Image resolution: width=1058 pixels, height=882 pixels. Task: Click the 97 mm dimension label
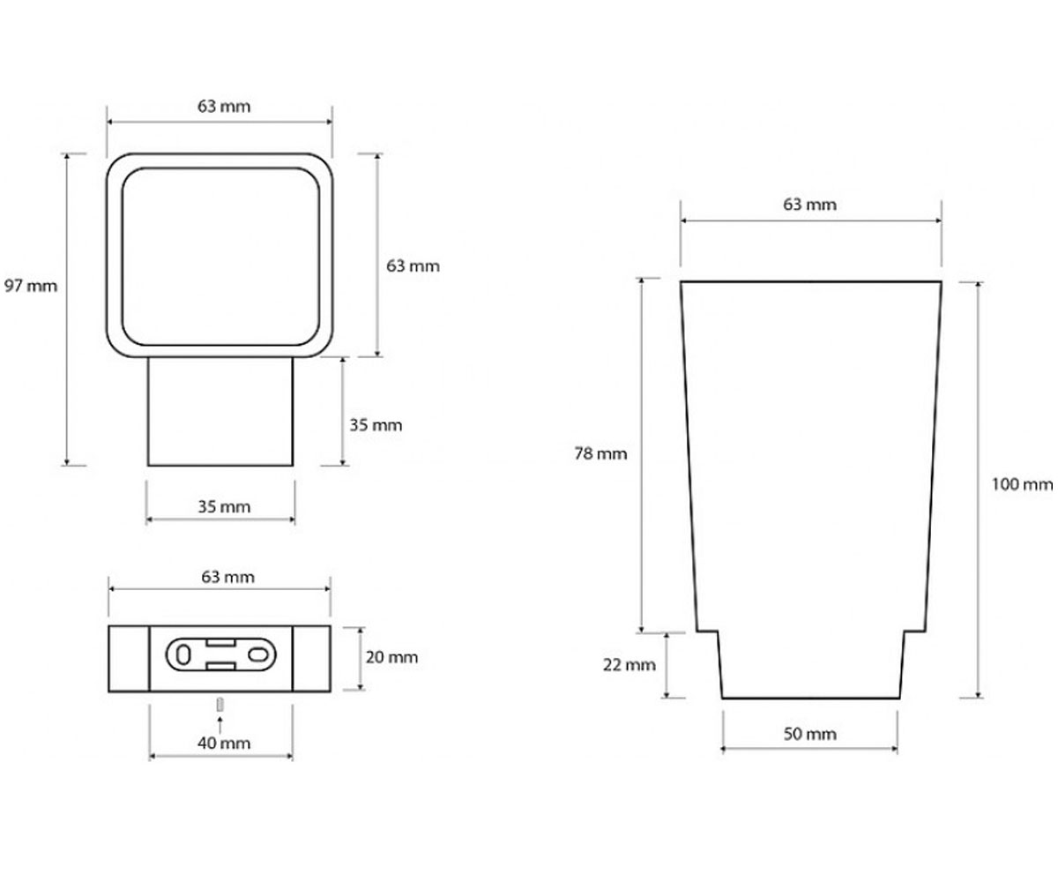30,286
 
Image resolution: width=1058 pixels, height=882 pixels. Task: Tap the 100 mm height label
1022,484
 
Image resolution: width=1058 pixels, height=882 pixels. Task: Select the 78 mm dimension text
600,453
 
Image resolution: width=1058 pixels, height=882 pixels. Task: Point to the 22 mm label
630,664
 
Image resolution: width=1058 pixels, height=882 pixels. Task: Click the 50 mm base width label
809,734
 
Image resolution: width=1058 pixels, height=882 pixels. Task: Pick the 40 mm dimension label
224,744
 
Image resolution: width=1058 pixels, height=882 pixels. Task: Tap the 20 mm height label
391,657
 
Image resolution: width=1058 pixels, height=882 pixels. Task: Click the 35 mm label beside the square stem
376,425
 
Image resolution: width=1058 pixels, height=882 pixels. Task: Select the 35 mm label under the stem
224,506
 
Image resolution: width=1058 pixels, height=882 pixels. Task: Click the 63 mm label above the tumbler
809,205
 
